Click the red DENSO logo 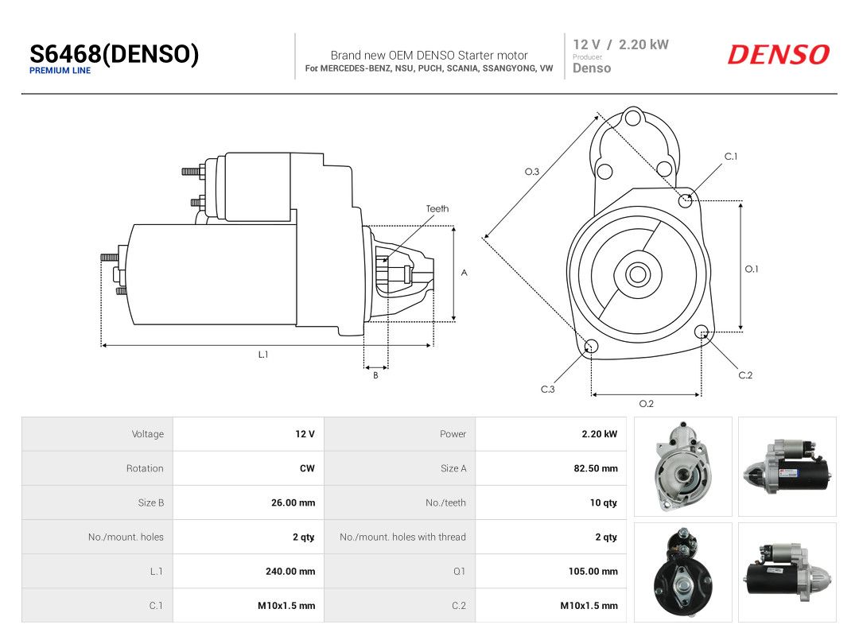(x=779, y=55)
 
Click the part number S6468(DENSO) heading (x=114, y=54)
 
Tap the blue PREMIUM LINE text (x=60, y=71)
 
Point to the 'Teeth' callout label (x=437, y=208)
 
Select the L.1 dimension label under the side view (x=263, y=355)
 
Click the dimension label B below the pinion (x=375, y=375)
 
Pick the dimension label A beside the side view (x=464, y=273)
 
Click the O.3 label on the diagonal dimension (x=532, y=172)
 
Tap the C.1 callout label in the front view (x=731, y=157)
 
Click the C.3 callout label (x=548, y=390)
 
